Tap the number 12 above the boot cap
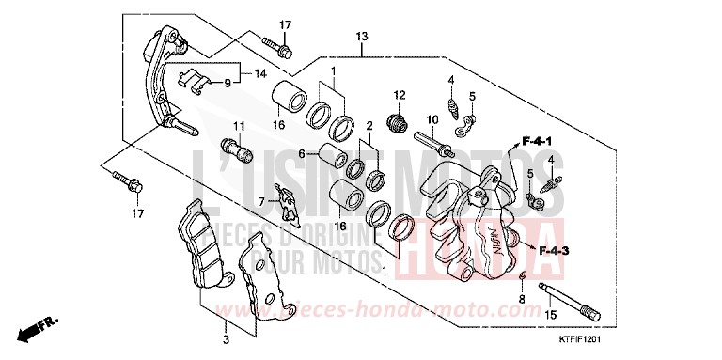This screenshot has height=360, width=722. (399, 95)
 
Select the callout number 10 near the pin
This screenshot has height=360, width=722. (433, 119)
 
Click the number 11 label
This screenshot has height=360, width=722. (239, 126)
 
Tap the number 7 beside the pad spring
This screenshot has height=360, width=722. (262, 201)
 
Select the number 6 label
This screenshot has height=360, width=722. (302, 154)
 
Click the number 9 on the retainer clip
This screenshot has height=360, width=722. (226, 83)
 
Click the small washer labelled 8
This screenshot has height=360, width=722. (522, 277)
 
